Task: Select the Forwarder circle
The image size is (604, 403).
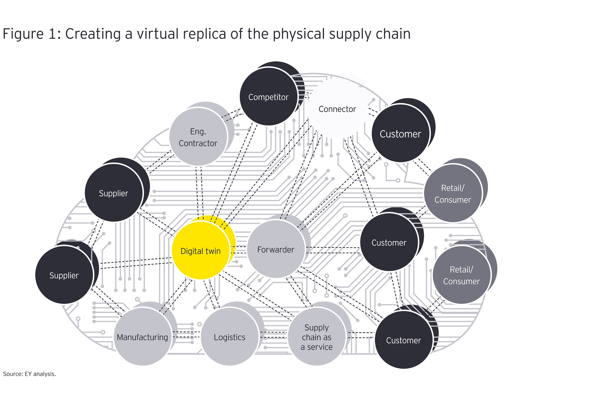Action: (276, 249)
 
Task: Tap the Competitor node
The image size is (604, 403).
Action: (268, 97)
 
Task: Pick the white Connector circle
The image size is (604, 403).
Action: (337, 109)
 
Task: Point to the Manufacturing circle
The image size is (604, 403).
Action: (143, 337)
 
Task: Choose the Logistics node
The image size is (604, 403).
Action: (230, 337)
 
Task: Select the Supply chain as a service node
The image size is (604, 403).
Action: (317, 337)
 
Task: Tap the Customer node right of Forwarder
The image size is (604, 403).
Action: (389, 242)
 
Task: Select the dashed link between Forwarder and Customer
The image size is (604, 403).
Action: (333, 250)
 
